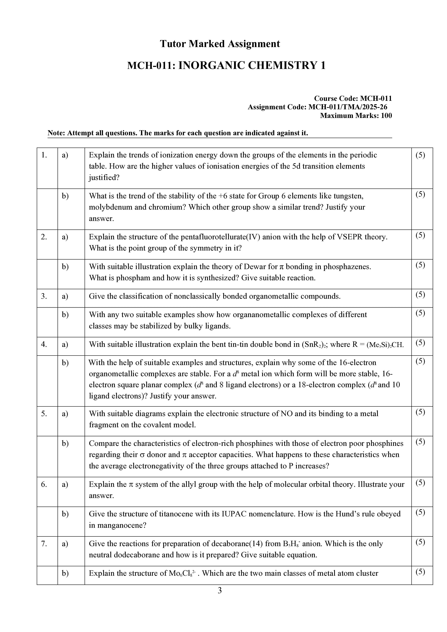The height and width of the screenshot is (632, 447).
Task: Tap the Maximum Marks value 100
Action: (386, 116)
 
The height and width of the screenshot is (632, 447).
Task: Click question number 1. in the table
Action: (44, 155)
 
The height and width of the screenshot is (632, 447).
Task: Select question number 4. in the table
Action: (44, 344)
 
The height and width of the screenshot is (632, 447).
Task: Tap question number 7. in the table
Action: (44, 544)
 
